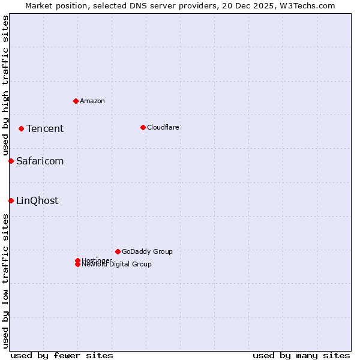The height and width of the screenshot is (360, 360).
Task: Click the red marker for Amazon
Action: [x=76, y=101]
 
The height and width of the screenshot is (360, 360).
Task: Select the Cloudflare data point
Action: [x=143, y=127]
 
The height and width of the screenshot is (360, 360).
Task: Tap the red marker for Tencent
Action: [x=21, y=128]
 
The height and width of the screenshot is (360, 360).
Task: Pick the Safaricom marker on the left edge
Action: [x=11, y=161]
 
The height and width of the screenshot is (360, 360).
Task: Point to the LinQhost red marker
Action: [x=11, y=200]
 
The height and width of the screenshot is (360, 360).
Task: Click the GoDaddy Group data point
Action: [x=118, y=251]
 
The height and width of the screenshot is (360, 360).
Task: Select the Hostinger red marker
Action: [x=77, y=260]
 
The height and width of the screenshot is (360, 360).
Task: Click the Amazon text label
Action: [x=92, y=101]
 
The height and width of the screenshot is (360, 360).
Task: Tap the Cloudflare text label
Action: [x=163, y=127]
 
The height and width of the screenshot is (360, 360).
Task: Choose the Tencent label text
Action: [x=45, y=128]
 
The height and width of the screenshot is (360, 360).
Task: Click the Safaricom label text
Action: [x=40, y=161]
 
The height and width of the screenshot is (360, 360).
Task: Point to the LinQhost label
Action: [x=37, y=200]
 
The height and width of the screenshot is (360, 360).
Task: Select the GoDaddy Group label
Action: [x=147, y=251]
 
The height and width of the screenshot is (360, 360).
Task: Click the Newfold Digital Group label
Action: [x=116, y=265]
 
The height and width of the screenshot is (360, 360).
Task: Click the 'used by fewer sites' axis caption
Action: [x=62, y=355]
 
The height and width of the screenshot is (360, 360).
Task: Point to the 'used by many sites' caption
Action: [x=301, y=355]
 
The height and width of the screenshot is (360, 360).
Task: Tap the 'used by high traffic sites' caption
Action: [x=5, y=84]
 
